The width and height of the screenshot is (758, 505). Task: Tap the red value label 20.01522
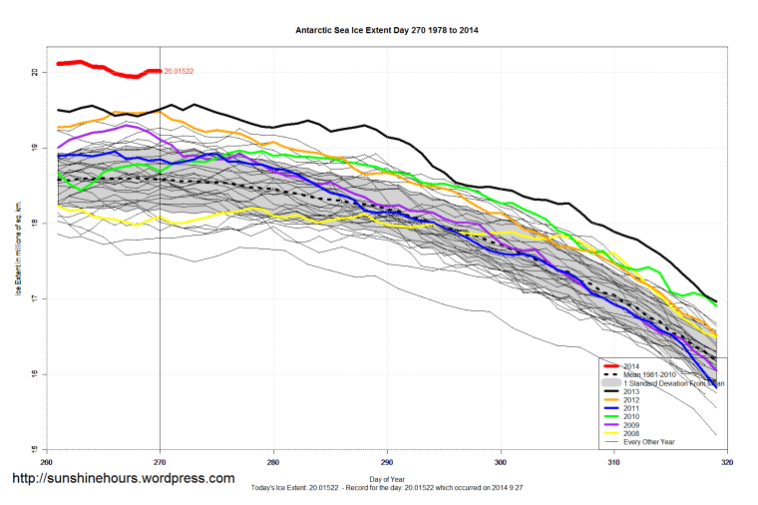179,71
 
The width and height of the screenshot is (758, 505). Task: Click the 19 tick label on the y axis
35,148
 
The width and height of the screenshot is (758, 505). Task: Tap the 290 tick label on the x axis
387,462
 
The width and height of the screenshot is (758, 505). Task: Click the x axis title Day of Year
387,480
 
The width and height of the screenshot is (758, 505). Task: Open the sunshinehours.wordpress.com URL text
123,479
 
